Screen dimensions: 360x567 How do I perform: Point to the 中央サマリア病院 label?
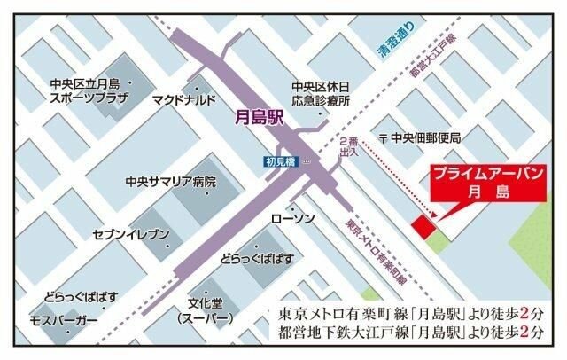pyautogui.click(x=170, y=182)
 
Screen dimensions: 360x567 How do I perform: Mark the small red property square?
pyautogui.click(x=423, y=226)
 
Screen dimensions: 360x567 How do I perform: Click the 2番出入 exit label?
pyautogui.click(x=348, y=147)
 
